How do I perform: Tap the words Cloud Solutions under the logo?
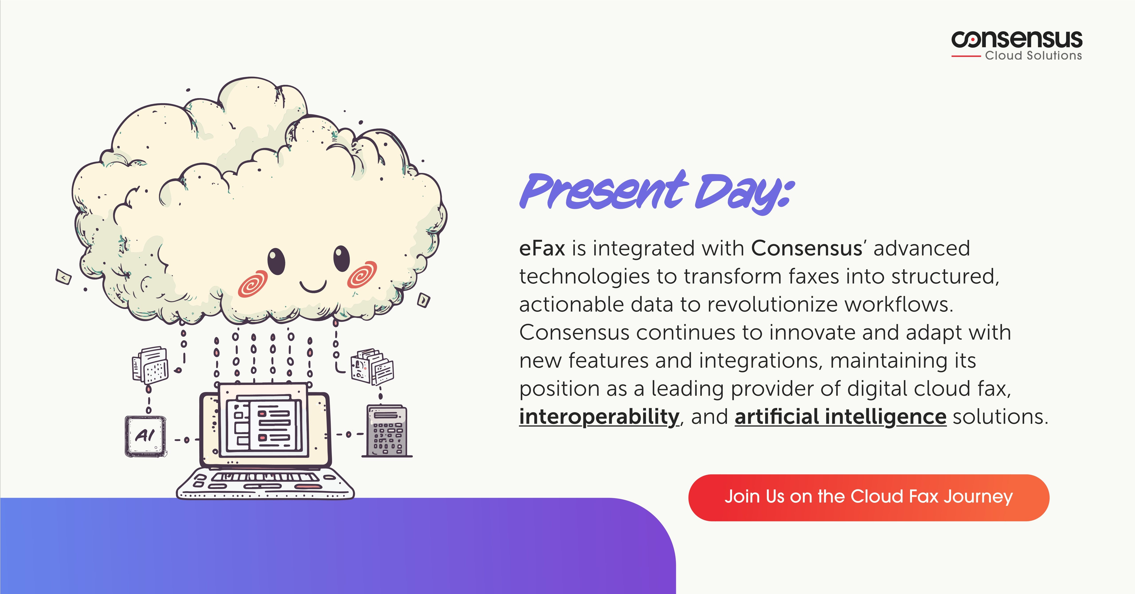coord(1033,56)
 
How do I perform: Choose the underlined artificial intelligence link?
coord(840,417)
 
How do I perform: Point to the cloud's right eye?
coord(341,258)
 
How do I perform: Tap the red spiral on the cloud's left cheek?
coord(253,283)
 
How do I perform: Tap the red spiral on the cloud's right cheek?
coord(362,274)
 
